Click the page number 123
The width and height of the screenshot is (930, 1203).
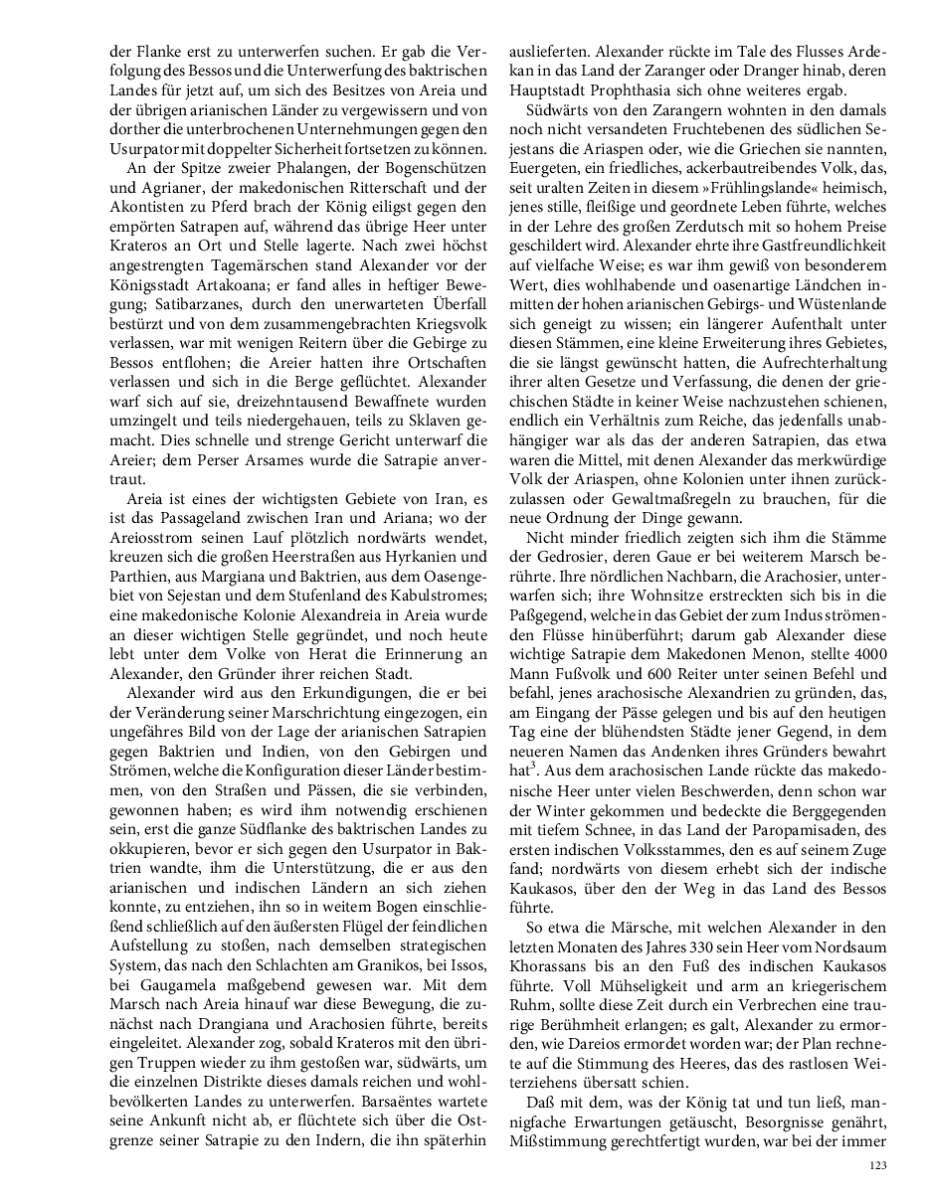877,1164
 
